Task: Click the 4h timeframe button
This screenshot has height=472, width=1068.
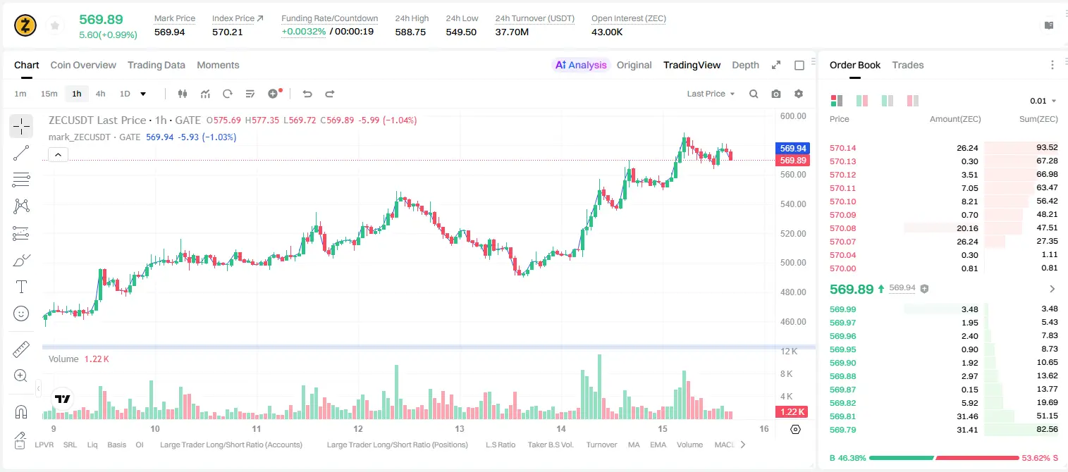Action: pyautogui.click(x=100, y=94)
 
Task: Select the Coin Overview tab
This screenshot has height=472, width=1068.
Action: pyautogui.click(x=83, y=65)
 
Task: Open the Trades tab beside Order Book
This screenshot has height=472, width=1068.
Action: pyautogui.click(x=908, y=65)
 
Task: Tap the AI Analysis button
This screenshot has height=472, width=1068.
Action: pyautogui.click(x=581, y=65)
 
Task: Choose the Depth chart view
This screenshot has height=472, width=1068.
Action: pyautogui.click(x=745, y=65)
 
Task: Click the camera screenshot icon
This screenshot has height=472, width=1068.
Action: pyautogui.click(x=776, y=94)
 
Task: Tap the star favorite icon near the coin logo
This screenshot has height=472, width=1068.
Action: pyautogui.click(x=55, y=25)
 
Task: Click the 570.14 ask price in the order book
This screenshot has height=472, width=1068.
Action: pyautogui.click(x=842, y=148)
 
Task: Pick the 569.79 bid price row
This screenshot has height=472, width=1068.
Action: pyautogui.click(x=842, y=430)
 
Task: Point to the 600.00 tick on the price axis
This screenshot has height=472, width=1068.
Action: pyautogui.click(x=793, y=116)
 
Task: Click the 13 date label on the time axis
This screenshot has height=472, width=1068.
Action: pyautogui.click(x=459, y=428)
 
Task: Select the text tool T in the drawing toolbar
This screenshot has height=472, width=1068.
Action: pyautogui.click(x=21, y=287)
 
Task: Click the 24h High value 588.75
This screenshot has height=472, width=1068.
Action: pyautogui.click(x=410, y=32)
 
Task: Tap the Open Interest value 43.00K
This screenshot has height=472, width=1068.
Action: pyautogui.click(x=607, y=32)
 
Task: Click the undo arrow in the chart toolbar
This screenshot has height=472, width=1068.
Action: pyautogui.click(x=307, y=94)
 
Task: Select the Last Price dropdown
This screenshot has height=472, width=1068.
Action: pyautogui.click(x=711, y=94)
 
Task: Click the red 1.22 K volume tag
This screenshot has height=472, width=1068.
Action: pyautogui.click(x=792, y=411)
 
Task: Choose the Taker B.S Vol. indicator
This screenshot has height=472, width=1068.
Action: pyautogui.click(x=550, y=445)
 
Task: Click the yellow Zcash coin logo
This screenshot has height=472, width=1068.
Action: pyautogui.click(x=25, y=25)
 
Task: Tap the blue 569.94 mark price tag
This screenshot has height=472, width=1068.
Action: pyautogui.click(x=792, y=148)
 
